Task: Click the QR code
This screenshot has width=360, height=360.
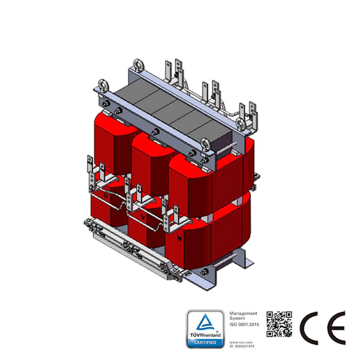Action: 279,324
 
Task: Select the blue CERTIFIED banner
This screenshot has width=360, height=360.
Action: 205,343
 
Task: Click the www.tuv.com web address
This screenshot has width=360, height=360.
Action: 239,342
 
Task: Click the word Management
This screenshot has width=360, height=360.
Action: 243,313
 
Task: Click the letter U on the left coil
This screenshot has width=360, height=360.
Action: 106,196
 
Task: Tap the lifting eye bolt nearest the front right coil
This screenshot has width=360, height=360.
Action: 205,143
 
